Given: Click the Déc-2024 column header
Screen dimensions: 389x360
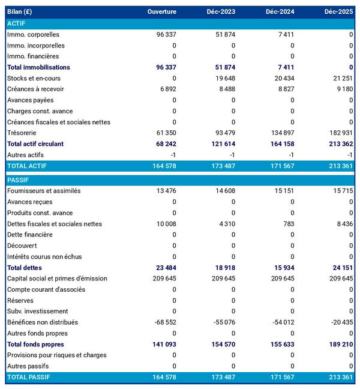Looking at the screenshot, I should pyautogui.click(x=281, y=12).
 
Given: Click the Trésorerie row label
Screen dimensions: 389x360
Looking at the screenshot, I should pyautogui.click(x=23, y=133).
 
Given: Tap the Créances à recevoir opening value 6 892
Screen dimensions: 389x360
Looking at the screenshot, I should pyautogui.click(x=166, y=89).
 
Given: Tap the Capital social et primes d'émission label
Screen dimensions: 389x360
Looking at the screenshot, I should pyautogui.click(x=57, y=279).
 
